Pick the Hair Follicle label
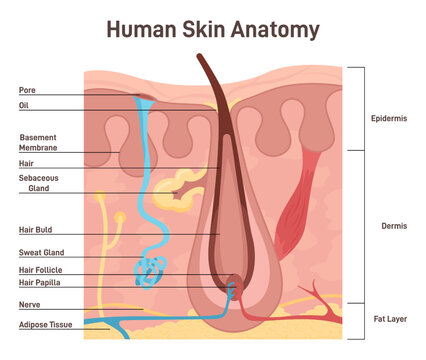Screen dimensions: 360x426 pyautogui.click(x=40, y=270)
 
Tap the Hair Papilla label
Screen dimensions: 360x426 pyautogui.click(x=40, y=283)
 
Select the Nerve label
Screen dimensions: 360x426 pyautogui.click(x=28, y=304)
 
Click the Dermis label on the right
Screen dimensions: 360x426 pyautogui.click(x=394, y=226)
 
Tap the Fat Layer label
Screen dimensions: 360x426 pyautogui.click(x=389, y=318)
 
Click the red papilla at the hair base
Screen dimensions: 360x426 pyautogui.click(x=233, y=282)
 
